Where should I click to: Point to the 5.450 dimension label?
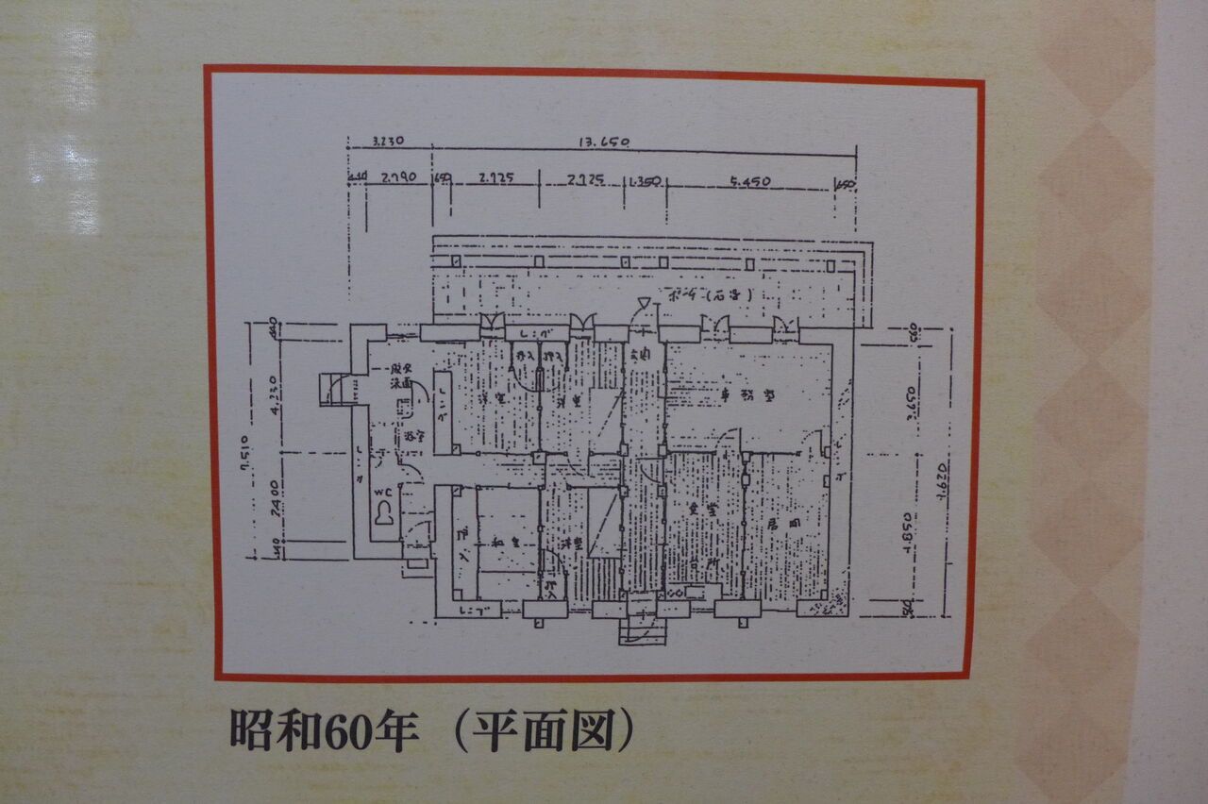[750, 181]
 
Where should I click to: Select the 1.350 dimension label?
[645, 179]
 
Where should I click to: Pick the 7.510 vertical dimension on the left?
[243, 454]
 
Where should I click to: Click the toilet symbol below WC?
[384, 515]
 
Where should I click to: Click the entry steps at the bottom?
[642, 629]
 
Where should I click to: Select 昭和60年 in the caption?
[324, 732]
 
